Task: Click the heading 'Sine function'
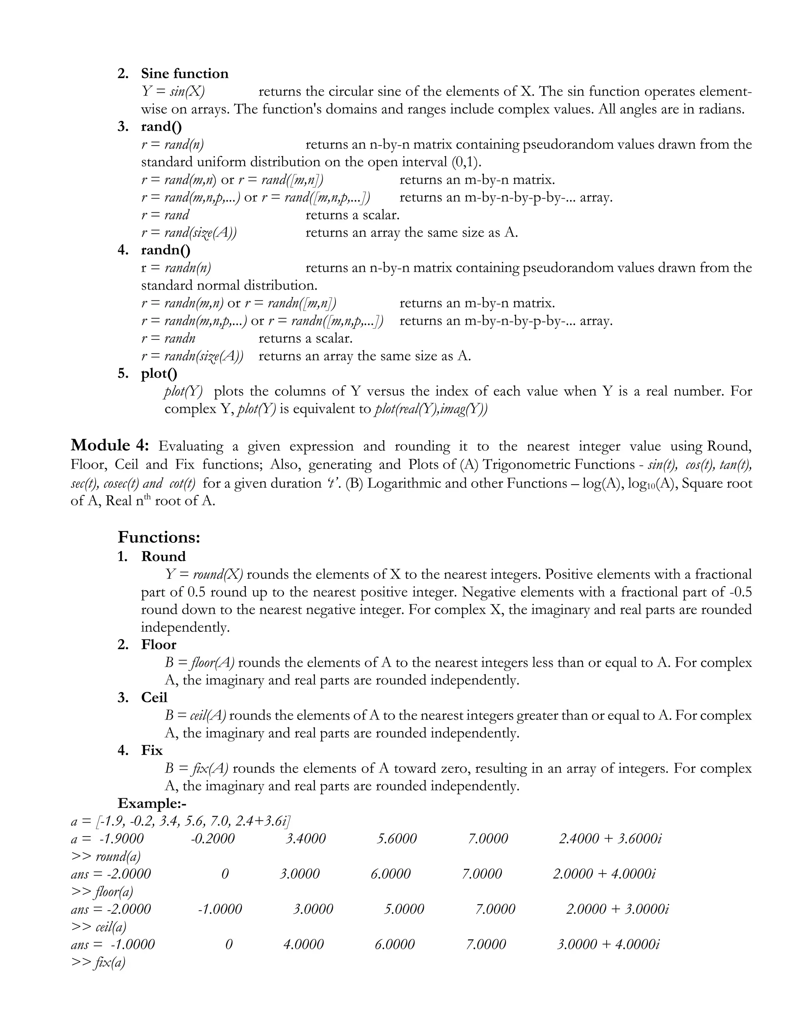pos(185,74)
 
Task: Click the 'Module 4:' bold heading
pos(110,446)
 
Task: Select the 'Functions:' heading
pos(159,537)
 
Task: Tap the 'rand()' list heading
pos(162,127)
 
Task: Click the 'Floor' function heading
pos(158,644)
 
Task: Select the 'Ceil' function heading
pos(154,697)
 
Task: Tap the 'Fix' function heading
pos(152,750)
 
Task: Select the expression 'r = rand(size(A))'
pos(189,233)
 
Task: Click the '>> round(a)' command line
pos(106,856)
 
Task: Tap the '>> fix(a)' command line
pos(98,963)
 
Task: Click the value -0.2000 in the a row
pos(213,839)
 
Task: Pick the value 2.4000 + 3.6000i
pos(610,839)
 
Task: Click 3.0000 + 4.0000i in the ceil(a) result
pos(608,945)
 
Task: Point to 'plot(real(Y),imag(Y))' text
pos(430,409)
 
